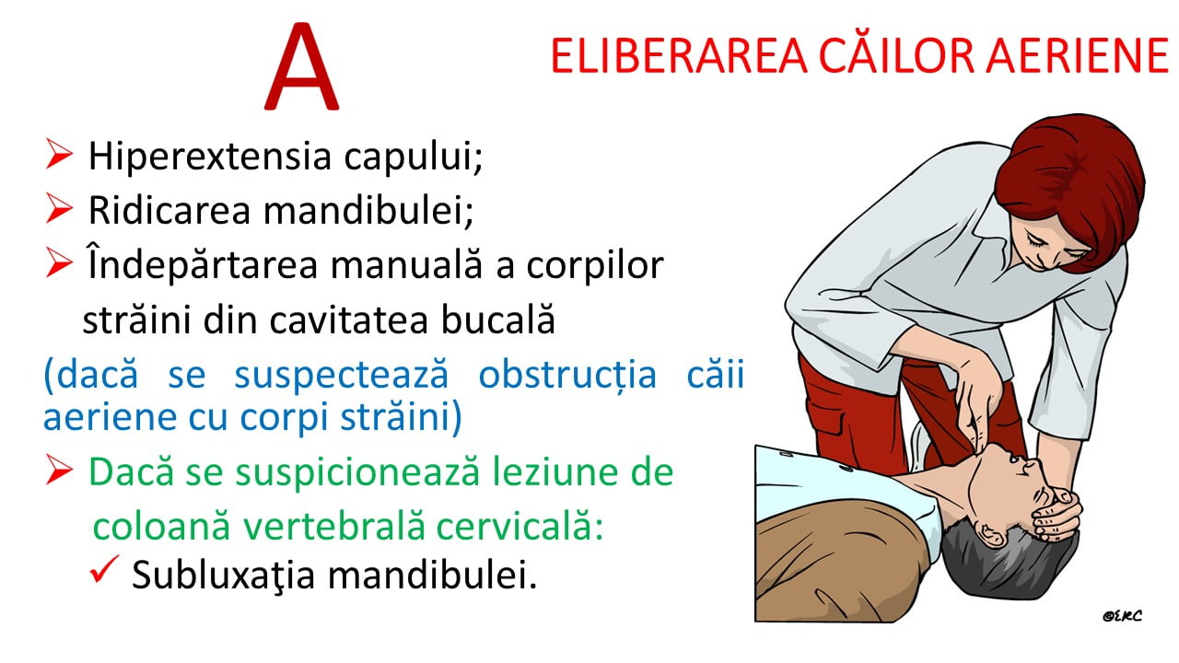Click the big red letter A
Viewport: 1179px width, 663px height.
pos(301,67)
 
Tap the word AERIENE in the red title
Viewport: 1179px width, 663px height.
pos(1078,56)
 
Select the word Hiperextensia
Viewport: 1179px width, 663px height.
pos(209,157)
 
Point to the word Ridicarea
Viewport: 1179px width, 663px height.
pos(169,211)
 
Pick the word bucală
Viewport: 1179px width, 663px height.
pos(498,319)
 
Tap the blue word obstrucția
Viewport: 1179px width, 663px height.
pos(567,376)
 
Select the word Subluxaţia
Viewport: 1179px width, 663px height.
pos(223,576)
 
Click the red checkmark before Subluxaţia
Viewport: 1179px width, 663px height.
pos(104,569)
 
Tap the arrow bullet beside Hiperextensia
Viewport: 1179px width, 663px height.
pos(59,154)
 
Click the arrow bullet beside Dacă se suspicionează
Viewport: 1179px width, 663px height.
pos(59,470)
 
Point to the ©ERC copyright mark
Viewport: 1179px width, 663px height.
pos(1122,616)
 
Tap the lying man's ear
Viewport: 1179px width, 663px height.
pos(992,535)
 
